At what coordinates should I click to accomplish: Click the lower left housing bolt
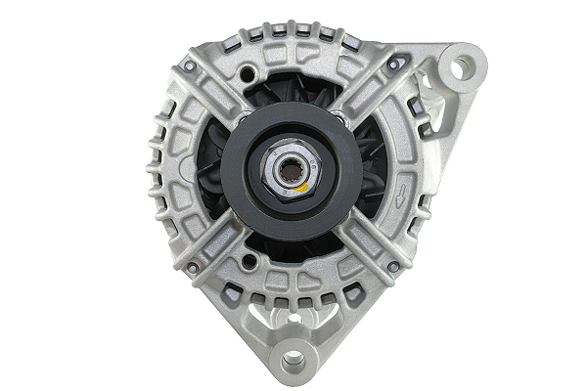pyautogui.click(x=193, y=266)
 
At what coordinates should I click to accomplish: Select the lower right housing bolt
pyautogui.click(x=392, y=266)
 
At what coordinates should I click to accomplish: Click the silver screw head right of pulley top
pyautogui.click(x=339, y=117)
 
